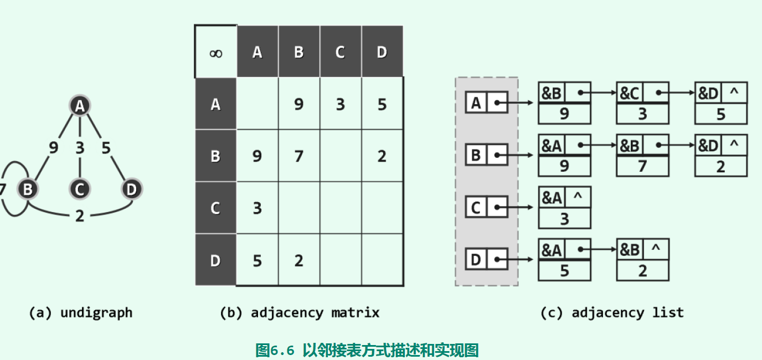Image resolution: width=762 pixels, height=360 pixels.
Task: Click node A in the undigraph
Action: [x=80, y=106]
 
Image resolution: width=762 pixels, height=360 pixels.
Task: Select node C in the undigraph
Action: [x=80, y=189]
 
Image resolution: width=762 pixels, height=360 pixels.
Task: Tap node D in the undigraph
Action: [x=131, y=189]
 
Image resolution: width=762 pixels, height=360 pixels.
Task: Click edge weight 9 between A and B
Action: [x=53, y=148]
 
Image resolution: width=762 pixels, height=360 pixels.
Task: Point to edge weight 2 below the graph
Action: [x=80, y=216]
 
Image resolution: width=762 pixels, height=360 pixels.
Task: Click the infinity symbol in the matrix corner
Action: [x=216, y=53]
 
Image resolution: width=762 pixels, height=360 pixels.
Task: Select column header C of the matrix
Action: [x=340, y=52]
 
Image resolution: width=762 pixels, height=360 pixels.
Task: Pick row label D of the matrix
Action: [x=216, y=260]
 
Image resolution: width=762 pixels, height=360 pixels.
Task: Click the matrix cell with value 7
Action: [x=299, y=157]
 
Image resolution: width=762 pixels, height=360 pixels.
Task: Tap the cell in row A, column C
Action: [x=340, y=105]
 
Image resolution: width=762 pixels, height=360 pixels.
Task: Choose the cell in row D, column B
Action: [x=299, y=260]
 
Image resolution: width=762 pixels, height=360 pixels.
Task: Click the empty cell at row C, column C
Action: [x=340, y=208]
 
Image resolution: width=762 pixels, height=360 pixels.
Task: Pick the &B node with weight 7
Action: [x=642, y=156]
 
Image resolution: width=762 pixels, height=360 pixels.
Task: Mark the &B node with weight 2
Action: [x=642, y=260]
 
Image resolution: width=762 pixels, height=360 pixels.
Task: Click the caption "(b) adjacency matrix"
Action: [x=300, y=313]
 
